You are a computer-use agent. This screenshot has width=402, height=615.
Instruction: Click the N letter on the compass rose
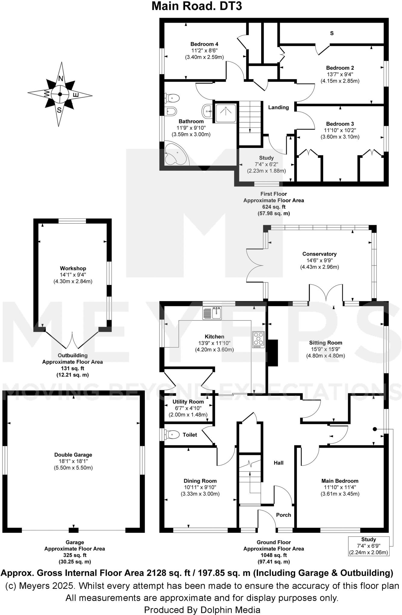61,79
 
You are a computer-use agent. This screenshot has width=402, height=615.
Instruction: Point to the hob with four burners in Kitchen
258,339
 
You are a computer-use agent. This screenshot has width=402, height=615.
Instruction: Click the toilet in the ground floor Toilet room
172,434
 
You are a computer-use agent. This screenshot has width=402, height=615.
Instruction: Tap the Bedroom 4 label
204,44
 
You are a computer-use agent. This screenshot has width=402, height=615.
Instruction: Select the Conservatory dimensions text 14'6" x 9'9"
319,260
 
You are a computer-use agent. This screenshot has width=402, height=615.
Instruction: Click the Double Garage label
73,455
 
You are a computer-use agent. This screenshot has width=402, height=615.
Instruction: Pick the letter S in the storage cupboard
332,33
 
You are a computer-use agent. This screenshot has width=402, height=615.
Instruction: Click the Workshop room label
73,268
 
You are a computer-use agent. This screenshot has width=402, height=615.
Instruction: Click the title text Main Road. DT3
196,6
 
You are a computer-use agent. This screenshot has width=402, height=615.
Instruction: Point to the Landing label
278,107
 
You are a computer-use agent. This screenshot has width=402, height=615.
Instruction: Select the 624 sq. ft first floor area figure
274,207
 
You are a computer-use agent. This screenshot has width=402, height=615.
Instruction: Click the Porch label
283,515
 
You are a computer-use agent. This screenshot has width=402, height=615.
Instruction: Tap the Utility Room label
188,401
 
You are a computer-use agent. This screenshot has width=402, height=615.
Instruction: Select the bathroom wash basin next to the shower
207,111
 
